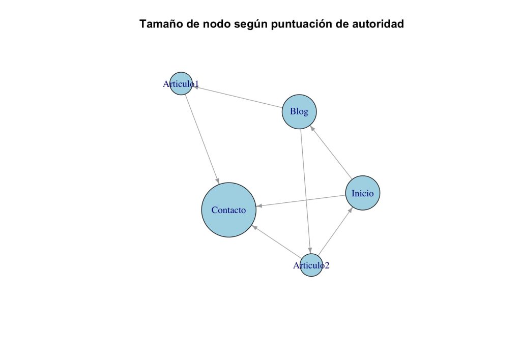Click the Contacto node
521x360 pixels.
click(x=228, y=210)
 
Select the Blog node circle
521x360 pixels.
click(x=299, y=112)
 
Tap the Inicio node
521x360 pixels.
click(x=362, y=193)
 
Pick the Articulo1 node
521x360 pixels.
click(x=181, y=83)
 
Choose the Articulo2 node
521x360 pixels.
click(x=311, y=265)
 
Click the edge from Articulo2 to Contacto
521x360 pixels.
click(x=277, y=242)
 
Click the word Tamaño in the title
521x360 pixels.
click(x=160, y=24)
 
